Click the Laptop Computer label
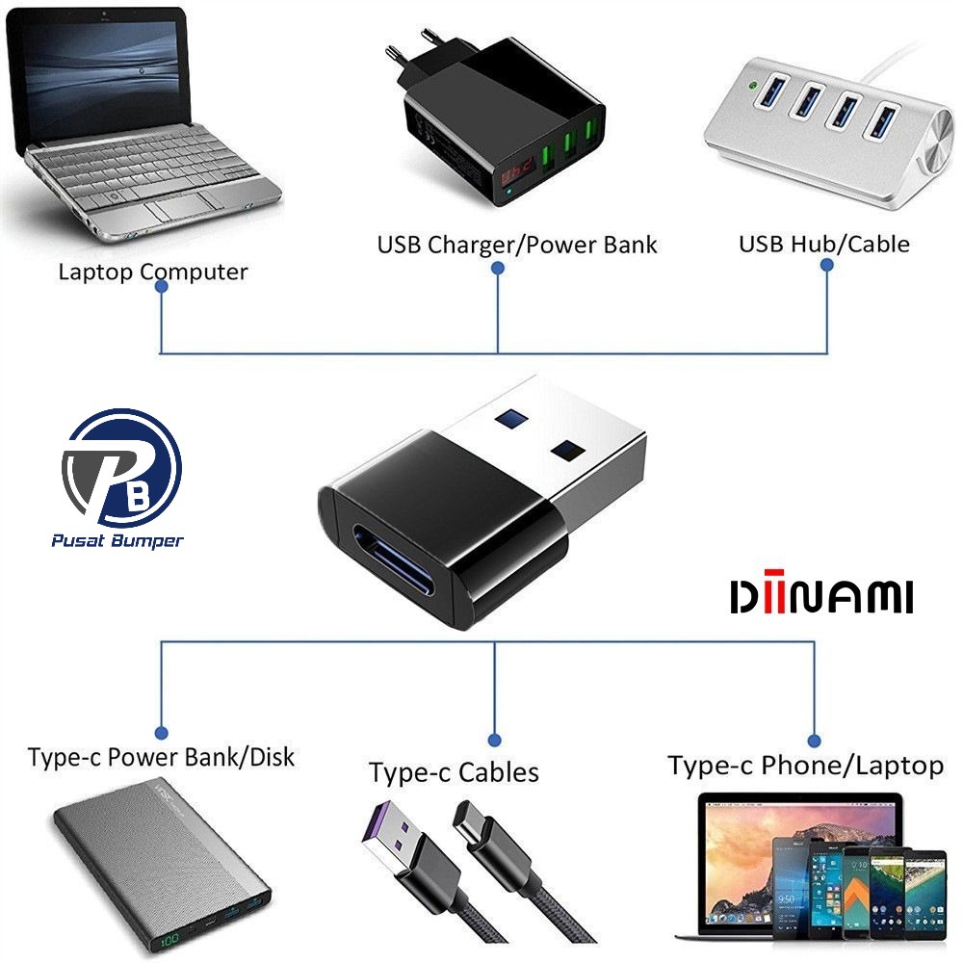point(152,272)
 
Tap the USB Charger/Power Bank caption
point(516,245)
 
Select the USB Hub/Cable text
point(823,244)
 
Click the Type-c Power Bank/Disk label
point(161,757)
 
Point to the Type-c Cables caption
point(454,771)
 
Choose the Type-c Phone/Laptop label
point(805,766)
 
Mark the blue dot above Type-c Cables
point(494,740)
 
